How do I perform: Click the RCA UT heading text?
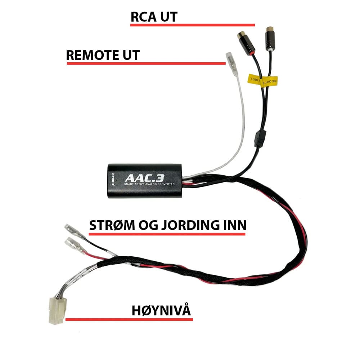point(154,17)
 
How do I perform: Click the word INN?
point(234,225)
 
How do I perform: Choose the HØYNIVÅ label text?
point(161,310)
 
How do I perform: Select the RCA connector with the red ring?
point(246,41)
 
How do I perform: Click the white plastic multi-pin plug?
point(56,309)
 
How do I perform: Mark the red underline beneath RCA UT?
point(193,25)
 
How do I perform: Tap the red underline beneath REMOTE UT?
point(146,64)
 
